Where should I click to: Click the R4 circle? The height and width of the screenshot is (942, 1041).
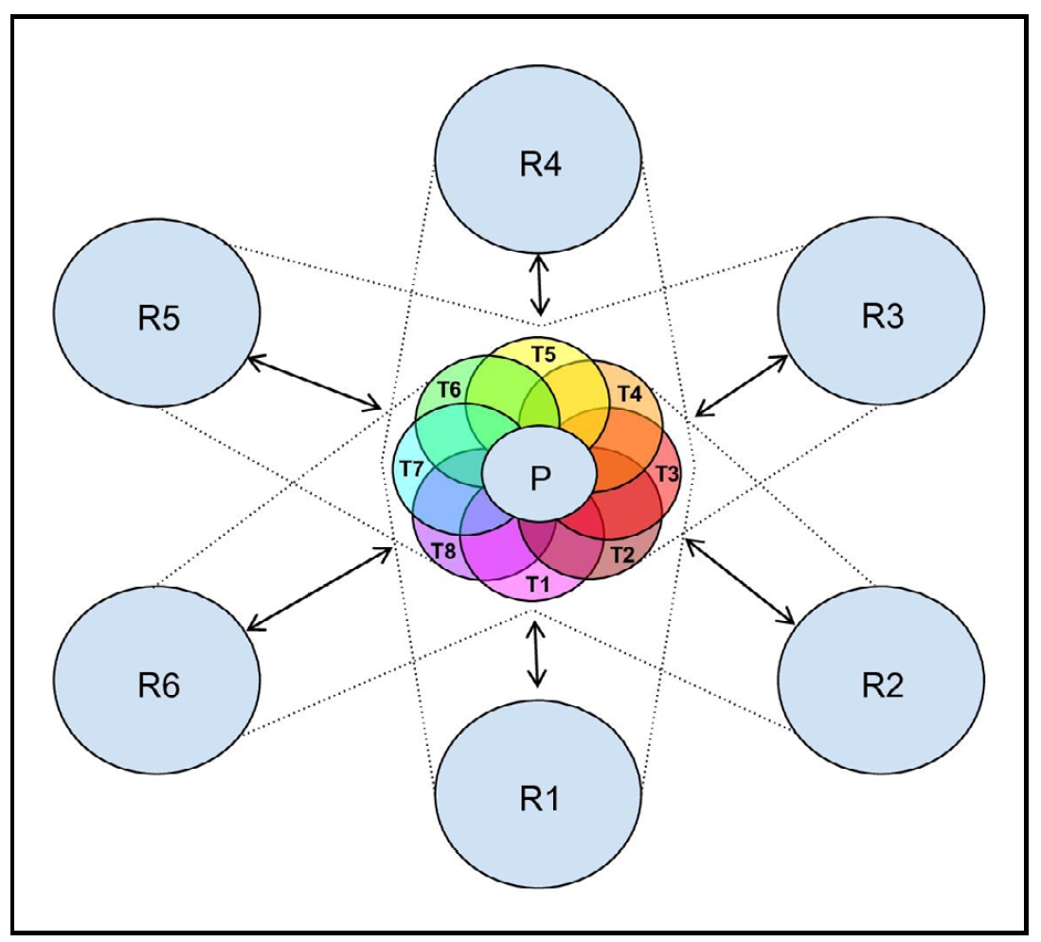[x=539, y=165]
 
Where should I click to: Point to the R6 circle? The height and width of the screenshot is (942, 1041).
[x=157, y=683]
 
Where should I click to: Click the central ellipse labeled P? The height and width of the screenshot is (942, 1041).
[x=539, y=478]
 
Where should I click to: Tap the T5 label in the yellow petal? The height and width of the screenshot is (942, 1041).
[x=543, y=355]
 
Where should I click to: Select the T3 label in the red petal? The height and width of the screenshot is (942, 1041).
[x=667, y=473]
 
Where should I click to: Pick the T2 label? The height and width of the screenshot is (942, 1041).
[x=620, y=553]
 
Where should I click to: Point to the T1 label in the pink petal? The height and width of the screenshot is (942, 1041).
[x=538, y=583]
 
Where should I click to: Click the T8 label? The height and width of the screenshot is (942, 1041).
[x=443, y=549]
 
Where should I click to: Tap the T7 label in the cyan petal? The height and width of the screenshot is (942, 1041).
[x=411, y=469]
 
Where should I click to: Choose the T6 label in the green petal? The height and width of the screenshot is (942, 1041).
[x=450, y=388]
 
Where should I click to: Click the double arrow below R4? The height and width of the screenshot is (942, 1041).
[x=539, y=285]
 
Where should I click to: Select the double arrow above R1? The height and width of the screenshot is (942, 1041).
[x=537, y=652]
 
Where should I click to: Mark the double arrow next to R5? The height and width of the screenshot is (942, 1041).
[x=314, y=382]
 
